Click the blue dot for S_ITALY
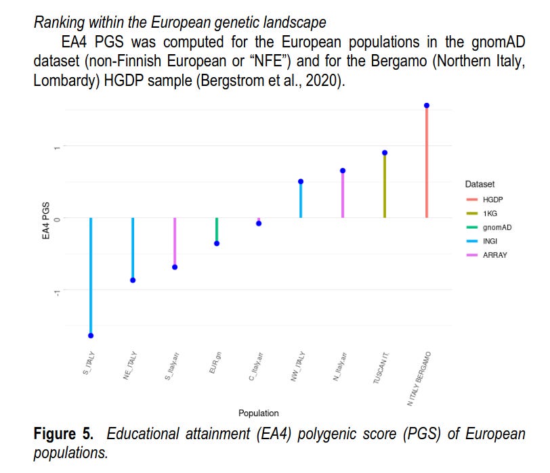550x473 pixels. (91, 336)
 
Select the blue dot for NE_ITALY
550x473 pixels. (133, 280)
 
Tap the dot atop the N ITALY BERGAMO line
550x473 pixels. (427, 106)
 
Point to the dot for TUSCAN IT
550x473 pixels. (385, 153)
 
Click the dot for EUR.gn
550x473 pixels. (217, 244)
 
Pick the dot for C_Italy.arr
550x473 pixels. (259, 223)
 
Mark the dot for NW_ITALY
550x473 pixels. (301, 181)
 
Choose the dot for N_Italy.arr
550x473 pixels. (343, 171)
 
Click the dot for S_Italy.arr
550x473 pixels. (175, 267)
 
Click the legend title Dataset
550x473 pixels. (480, 184)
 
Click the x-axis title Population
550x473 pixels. (258, 413)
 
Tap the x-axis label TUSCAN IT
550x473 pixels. (382, 369)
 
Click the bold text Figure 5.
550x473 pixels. (65, 433)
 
